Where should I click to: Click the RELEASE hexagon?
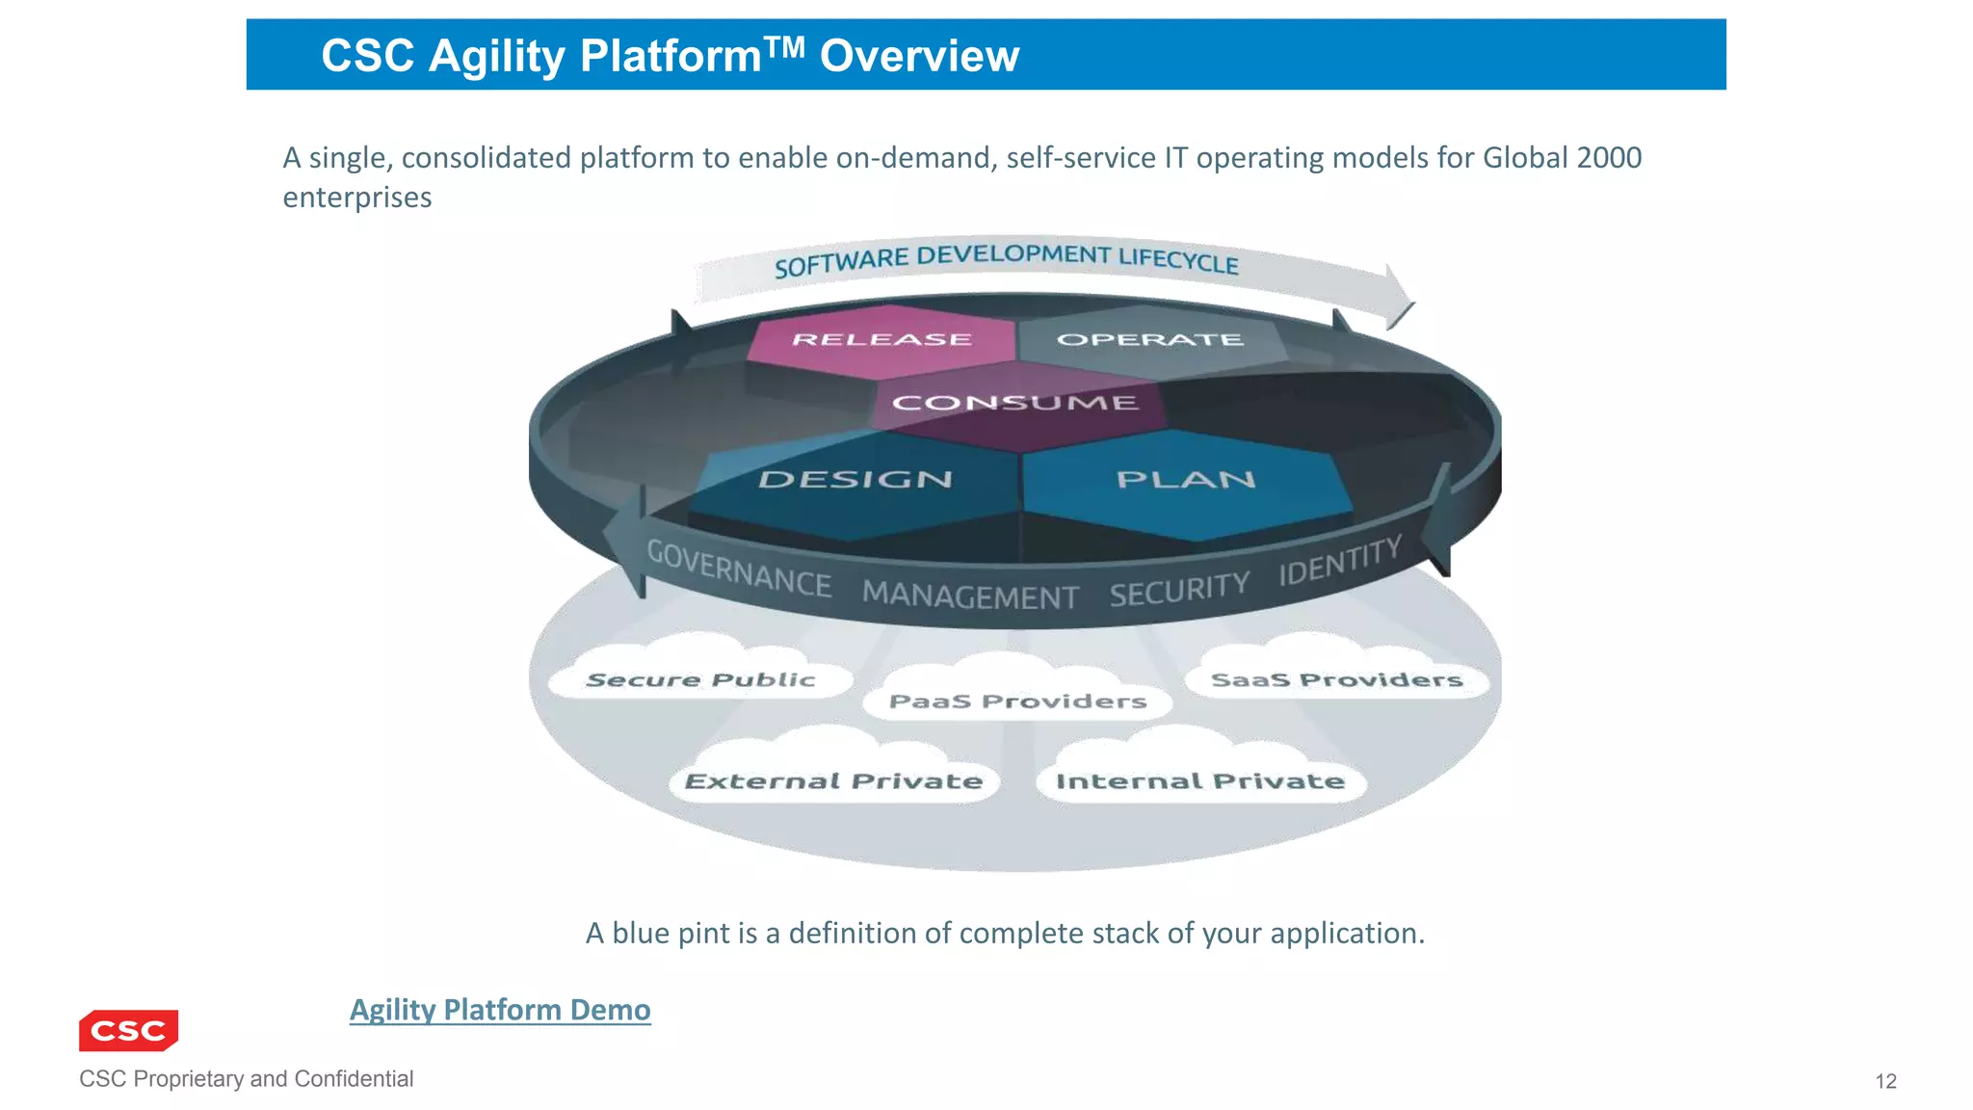(881, 340)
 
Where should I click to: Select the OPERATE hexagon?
(1150, 340)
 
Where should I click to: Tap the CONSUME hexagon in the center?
(1015, 404)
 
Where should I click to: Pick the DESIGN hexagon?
(855, 481)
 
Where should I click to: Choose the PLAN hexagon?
(1185, 481)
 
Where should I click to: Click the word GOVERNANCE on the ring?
(738, 568)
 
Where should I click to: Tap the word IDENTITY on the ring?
(1339, 560)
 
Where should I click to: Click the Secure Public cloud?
(700, 679)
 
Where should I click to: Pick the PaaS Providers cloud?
(1017, 701)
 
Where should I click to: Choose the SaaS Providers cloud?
(1336, 679)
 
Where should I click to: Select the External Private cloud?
(833, 780)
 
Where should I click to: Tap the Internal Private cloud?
(1200, 780)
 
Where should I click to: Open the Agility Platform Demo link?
(500, 1010)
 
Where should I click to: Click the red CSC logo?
(129, 1030)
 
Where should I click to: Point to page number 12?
(1885, 1081)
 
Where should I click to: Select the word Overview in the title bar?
(919, 56)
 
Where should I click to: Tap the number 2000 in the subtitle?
(1607, 157)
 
